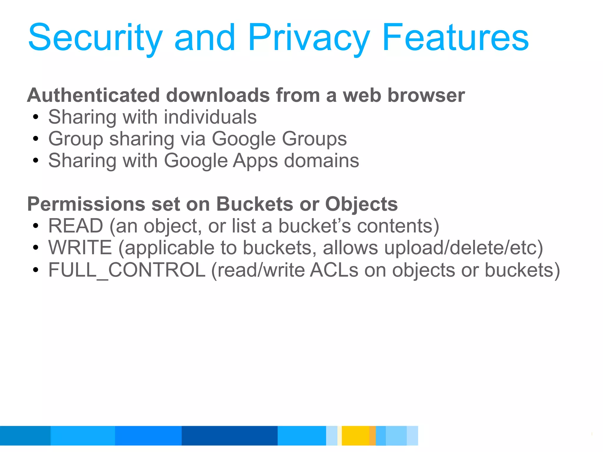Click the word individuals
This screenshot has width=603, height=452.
coord(210,117)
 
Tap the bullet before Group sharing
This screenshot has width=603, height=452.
coord(36,139)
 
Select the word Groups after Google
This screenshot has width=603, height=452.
coord(314,139)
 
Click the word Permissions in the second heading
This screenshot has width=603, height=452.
coord(86,204)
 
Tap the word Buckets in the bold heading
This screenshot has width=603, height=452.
coord(255,204)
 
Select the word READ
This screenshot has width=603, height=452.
coord(76,226)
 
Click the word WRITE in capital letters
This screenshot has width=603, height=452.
coord(80,248)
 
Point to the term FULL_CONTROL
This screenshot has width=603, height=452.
coord(127,270)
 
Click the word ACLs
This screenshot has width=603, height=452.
coord(334,270)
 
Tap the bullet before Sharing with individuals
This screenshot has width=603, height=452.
coord(36,117)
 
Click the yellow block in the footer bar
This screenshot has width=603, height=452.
coord(355,436)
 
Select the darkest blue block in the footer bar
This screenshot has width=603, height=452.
coord(229,436)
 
